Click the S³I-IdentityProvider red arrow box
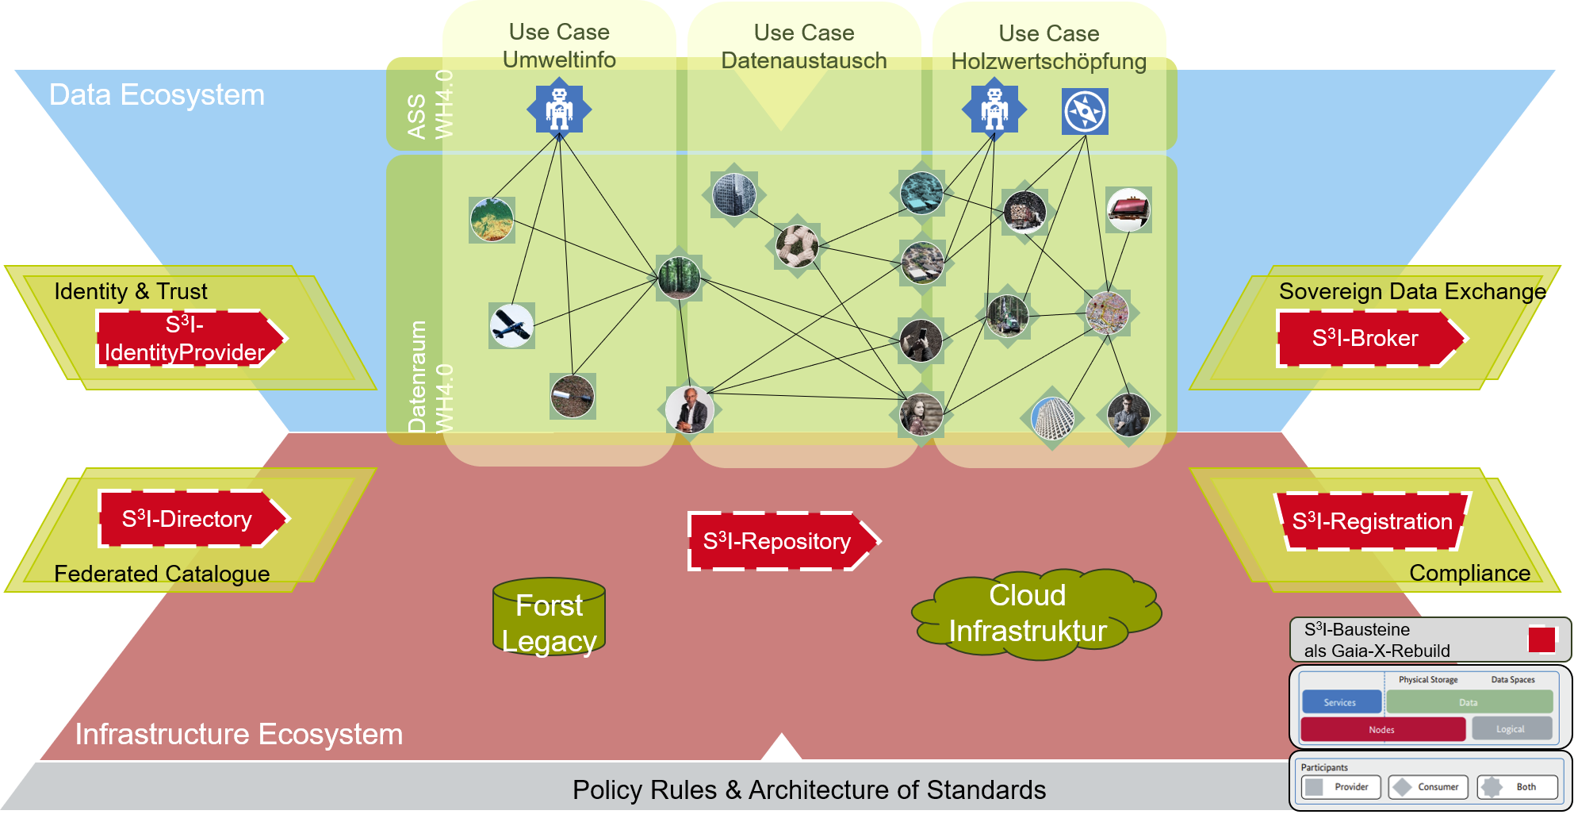coord(190,338)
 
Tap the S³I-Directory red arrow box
coord(193,519)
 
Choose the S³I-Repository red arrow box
coord(783,541)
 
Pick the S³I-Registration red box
coord(1373,521)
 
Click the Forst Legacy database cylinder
coord(549,616)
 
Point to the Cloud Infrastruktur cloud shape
coord(1036,613)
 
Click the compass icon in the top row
coord(1085,111)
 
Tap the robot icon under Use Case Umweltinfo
coord(559,109)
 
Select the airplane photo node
coord(511,325)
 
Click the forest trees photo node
coord(680,278)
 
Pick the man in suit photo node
coord(689,410)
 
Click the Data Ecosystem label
coord(157,94)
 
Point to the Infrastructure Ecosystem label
coord(239,734)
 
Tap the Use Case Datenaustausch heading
coord(804,47)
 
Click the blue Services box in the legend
coord(1341,702)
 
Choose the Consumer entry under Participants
coord(1428,787)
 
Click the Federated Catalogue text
coord(162,573)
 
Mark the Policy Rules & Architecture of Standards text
coord(809,789)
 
